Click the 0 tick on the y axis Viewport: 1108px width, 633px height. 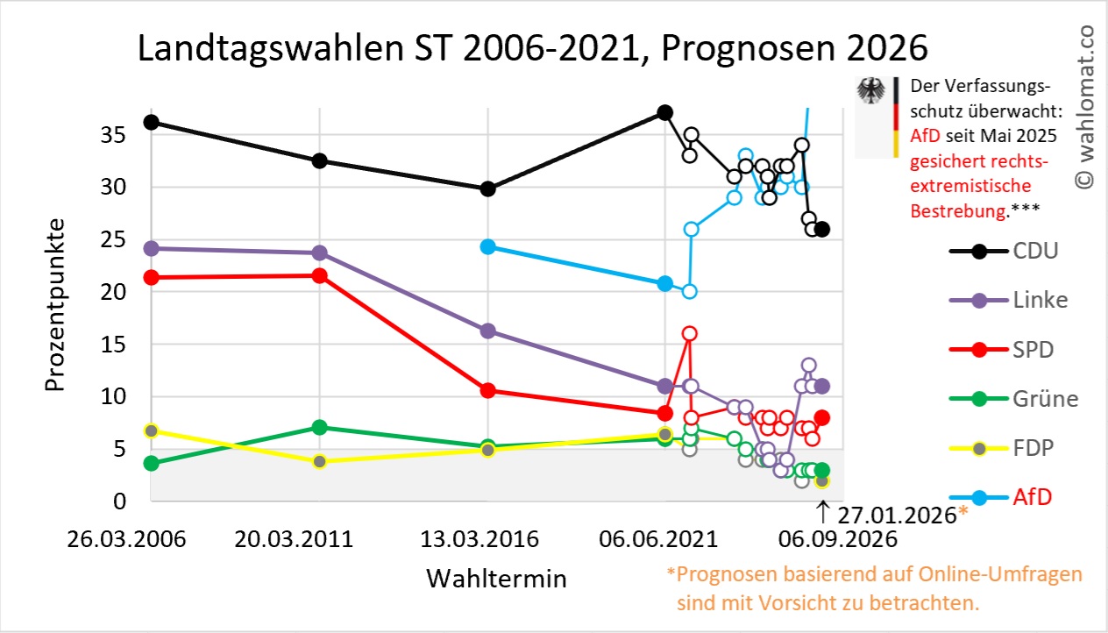pos(120,501)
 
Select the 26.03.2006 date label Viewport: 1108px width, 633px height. pos(127,538)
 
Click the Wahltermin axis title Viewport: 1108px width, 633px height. pos(496,579)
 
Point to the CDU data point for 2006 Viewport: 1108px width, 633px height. pos(151,123)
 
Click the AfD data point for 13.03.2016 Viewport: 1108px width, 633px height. pos(488,247)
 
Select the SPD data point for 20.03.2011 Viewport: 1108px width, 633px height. pos(320,276)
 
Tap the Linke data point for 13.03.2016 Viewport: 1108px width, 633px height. pos(488,331)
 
